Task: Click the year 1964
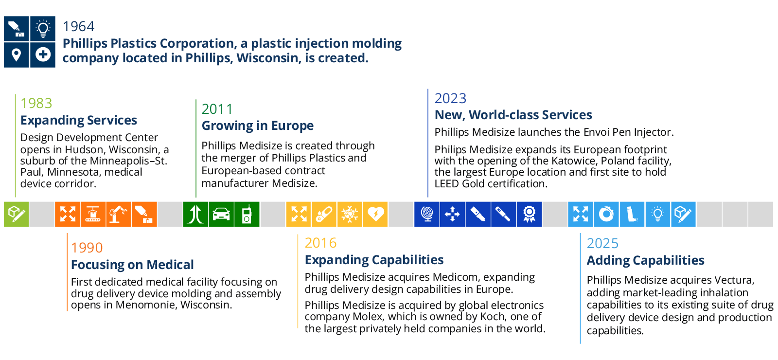tap(78, 26)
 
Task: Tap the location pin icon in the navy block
tap(17, 55)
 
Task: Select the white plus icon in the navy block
tap(43, 54)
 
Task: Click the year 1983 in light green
tap(36, 103)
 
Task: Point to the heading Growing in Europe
tap(257, 126)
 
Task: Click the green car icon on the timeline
tap(221, 214)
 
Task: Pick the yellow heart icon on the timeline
tap(375, 214)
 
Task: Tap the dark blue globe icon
tap(427, 214)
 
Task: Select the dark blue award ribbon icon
tap(530, 214)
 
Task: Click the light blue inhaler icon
tap(632, 214)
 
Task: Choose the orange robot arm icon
tap(119, 214)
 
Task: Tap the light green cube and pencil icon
tap(17, 214)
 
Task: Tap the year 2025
tap(602, 243)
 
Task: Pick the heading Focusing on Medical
tap(132, 265)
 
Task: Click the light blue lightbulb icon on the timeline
tap(657, 214)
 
